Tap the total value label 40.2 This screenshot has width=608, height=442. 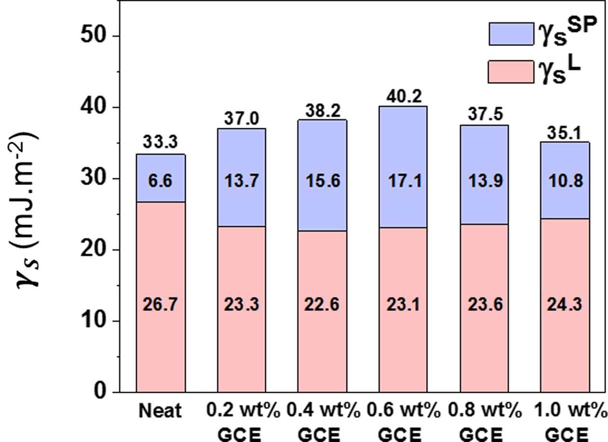click(403, 98)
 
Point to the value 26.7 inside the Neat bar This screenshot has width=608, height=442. click(161, 305)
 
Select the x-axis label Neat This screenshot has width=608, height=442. click(161, 411)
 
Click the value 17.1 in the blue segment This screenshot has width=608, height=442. click(403, 182)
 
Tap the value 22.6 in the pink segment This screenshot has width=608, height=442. click(322, 305)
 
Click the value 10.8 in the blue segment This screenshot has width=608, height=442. click(564, 182)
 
